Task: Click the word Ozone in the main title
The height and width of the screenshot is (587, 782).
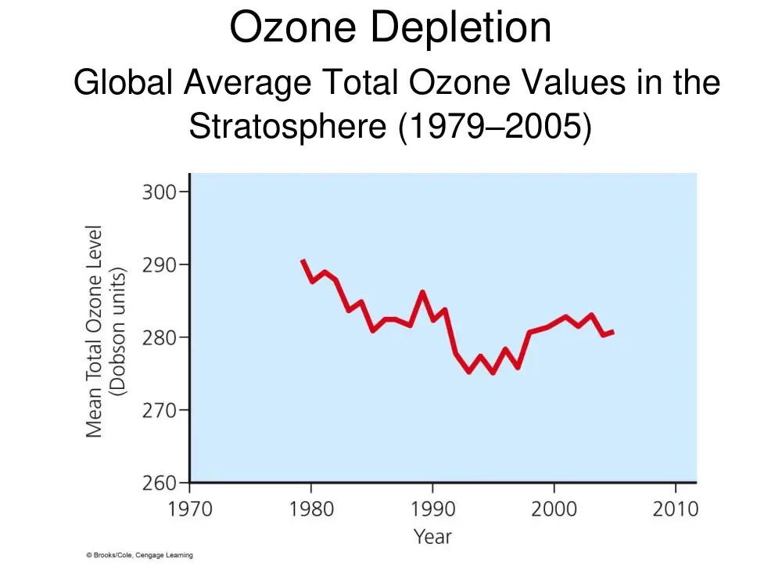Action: tap(292, 27)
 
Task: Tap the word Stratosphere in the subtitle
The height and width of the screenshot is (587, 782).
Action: tap(288, 126)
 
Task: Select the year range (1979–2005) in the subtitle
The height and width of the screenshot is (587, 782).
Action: tap(495, 127)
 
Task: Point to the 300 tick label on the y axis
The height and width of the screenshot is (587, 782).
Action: tap(159, 193)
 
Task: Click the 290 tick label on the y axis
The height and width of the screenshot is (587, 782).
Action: tap(159, 265)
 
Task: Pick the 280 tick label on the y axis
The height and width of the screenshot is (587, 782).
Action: tap(159, 338)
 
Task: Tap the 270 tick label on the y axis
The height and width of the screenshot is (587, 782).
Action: tap(159, 411)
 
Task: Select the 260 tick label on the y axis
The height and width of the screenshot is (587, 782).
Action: tap(159, 483)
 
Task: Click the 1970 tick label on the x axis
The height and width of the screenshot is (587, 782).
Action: tap(190, 510)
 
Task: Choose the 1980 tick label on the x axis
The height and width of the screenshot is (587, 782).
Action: tap(311, 510)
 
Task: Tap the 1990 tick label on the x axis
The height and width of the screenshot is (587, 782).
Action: tap(433, 510)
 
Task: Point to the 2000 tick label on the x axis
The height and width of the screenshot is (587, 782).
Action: tap(554, 510)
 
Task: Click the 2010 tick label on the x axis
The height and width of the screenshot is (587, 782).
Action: tap(676, 510)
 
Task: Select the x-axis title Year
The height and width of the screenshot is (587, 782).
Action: tap(433, 537)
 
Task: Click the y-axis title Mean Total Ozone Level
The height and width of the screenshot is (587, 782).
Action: tap(95, 331)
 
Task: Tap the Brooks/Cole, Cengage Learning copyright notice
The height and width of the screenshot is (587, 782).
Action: tap(140, 555)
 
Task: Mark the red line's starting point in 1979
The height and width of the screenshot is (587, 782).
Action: tap(303, 260)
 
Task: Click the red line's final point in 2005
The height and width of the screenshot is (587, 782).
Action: tap(613, 331)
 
